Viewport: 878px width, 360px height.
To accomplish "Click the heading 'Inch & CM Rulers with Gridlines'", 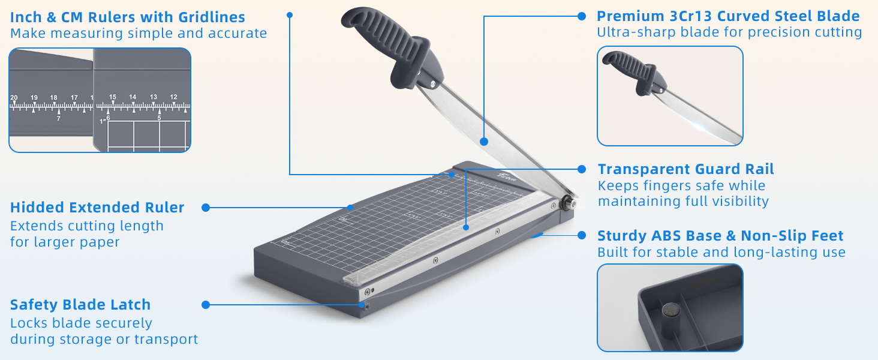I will (x=127, y=17).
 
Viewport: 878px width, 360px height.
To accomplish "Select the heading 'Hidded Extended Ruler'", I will (x=97, y=208).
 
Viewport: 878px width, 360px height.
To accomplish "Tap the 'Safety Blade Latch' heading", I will (x=80, y=305).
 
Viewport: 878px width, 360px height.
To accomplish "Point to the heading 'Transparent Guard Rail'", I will (x=686, y=169).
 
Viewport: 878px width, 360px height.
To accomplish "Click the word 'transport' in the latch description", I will (x=166, y=340).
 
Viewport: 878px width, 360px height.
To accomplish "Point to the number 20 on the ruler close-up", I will (x=14, y=97).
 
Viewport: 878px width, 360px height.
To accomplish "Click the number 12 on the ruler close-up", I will (x=173, y=97).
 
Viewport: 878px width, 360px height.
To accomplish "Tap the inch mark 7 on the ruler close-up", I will (x=58, y=119).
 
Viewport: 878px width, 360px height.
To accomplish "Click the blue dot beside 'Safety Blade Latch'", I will (x=206, y=305).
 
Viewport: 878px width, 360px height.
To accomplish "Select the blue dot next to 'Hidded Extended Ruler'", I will (x=206, y=208).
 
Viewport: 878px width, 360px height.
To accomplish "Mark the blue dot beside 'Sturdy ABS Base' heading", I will (x=581, y=236).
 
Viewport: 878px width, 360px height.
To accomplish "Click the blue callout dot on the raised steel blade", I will (x=483, y=142).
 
